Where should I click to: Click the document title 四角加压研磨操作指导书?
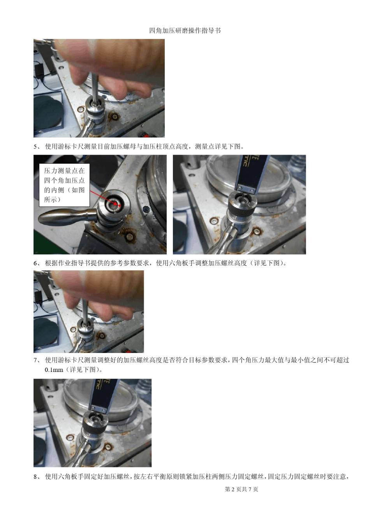click(185, 31)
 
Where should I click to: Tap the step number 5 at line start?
click(35, 146)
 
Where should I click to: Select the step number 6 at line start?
click(35, 263)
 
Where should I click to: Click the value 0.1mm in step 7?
click(54, 370)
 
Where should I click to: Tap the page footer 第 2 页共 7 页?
click(241, 489)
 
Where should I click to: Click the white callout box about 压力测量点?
click(64, 185)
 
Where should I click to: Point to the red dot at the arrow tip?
click(120, 206)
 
